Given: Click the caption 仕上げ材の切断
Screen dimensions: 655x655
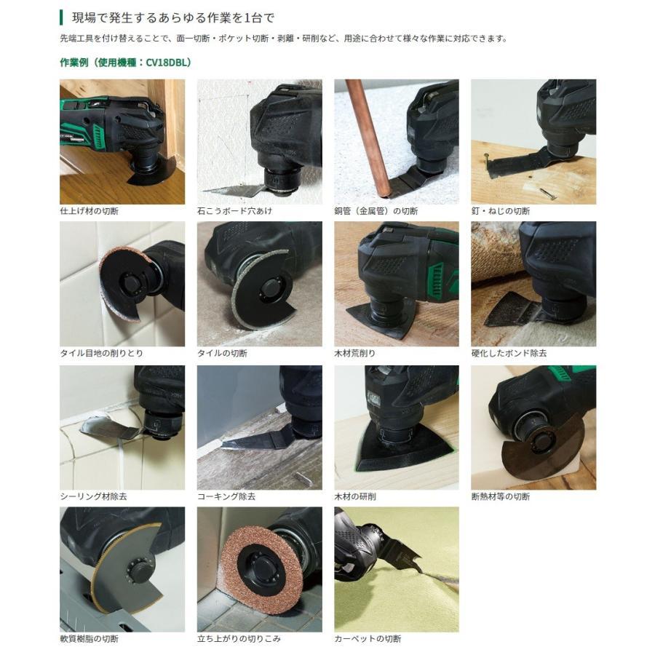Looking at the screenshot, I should point(89,211).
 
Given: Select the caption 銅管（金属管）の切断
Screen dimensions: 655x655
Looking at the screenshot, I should point(376,211).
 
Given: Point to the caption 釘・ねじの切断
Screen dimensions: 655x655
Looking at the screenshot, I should point(501,211).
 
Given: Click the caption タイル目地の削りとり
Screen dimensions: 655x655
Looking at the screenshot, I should point(101,353).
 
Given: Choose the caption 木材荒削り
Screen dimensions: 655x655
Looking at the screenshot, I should point(355,353).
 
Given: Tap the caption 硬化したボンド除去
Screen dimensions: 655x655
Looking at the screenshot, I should point(509,353).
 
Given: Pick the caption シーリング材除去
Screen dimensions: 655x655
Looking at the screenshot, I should point(92,496).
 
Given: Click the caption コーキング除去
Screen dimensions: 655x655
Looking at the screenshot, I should point(226,496).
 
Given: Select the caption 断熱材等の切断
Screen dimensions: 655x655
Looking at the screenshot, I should point(501,496).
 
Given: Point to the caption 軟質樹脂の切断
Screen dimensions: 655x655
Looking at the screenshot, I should point(89,639).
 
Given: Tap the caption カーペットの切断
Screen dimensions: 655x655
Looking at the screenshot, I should point(368,639).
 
